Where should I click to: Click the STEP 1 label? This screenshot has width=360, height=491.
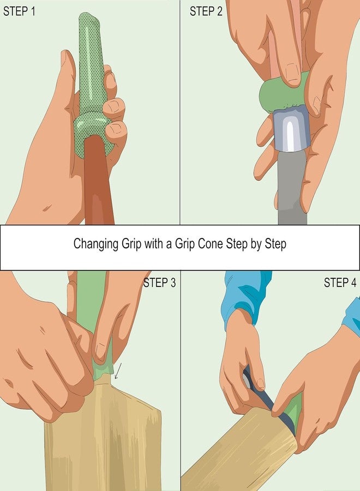click(20, 11)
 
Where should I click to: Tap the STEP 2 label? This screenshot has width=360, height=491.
click(206, 11)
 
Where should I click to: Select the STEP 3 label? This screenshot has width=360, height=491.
click(159, 283)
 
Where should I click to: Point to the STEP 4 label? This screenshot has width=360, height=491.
click(340, 283)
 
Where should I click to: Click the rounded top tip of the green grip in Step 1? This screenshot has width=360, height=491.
click(90, 22)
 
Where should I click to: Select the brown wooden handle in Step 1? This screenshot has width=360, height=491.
click(98, 185)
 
